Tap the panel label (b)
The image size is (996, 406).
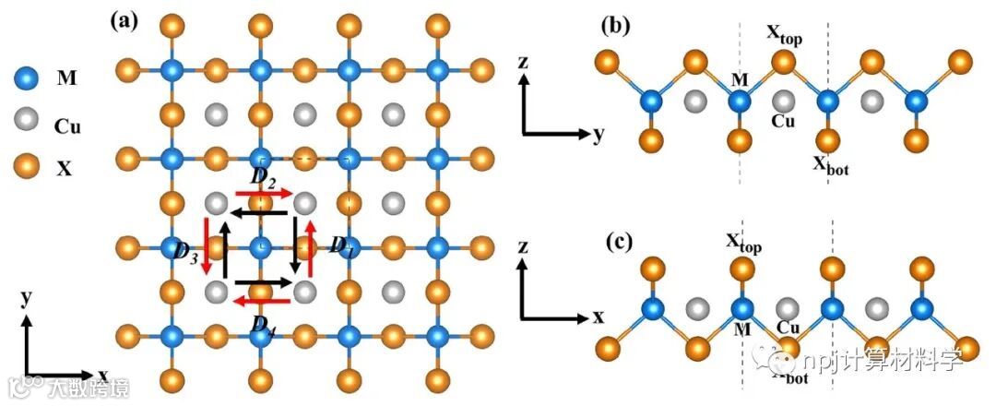click(x=616, y=25)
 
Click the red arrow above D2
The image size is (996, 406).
click(x=265, y=193)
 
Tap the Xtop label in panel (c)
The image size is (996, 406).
click(x=742, y=242)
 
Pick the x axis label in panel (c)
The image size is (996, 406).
click(x=598, y=317)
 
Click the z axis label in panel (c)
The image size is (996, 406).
click(x=523, y=246)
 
